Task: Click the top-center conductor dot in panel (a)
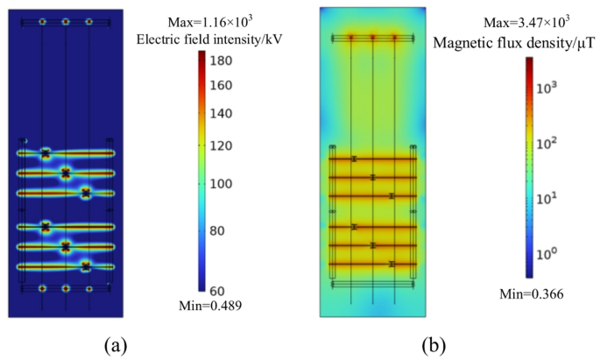66,21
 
